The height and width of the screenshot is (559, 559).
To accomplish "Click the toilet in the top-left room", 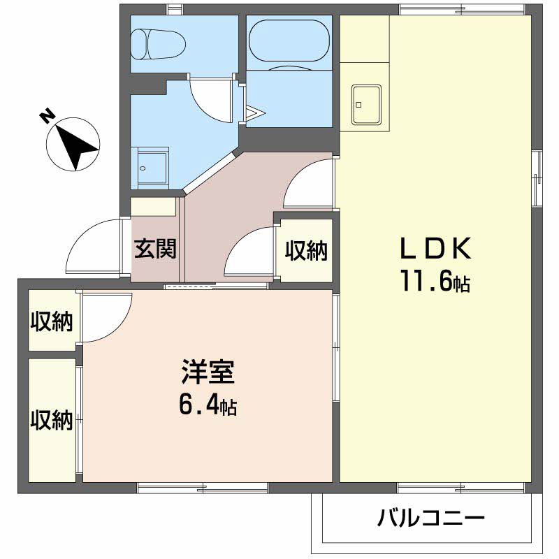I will (159, 43).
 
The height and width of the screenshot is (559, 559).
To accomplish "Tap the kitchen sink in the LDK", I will (365, 103).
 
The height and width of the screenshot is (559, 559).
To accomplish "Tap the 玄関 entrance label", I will (155, 249).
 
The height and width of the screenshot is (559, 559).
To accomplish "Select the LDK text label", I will (436, 248).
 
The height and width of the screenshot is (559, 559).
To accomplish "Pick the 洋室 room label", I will (208, 371).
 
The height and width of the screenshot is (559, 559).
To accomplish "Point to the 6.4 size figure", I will (207, 404).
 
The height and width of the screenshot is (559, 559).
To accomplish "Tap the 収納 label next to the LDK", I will (306, 250).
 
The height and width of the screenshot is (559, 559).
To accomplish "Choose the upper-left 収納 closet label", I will (52, 322).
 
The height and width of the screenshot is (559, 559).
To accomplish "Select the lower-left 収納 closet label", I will (52, 420).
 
